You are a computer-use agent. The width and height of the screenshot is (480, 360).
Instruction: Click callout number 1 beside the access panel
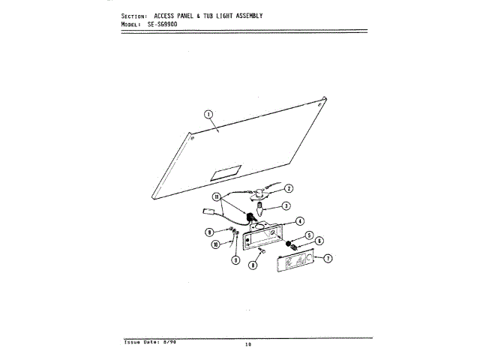click(x=209, y=114)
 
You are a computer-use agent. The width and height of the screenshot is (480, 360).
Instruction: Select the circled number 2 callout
click(x=288, y=188)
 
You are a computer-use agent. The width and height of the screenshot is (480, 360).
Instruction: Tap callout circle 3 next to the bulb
click(x=286, y=205)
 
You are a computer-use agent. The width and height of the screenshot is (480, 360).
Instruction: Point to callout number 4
click(x=299, y=221)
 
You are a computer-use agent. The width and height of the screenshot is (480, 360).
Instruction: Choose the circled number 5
click(x=309, y=235)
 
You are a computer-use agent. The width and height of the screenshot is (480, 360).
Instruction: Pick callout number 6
click(x=319, y=241)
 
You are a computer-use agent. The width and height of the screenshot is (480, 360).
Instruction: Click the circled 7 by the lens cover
click(x=327, y=258)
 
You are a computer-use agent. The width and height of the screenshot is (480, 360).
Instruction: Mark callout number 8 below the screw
click(x=253, y=265)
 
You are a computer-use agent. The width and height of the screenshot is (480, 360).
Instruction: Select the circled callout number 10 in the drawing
click(x=215, y=244)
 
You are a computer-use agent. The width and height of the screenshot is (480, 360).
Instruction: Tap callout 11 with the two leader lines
click(x=217, y=197)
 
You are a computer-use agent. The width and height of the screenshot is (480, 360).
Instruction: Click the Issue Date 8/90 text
click(x=150, y=341)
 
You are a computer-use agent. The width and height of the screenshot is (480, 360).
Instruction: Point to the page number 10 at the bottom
click(x=247, y=345)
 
